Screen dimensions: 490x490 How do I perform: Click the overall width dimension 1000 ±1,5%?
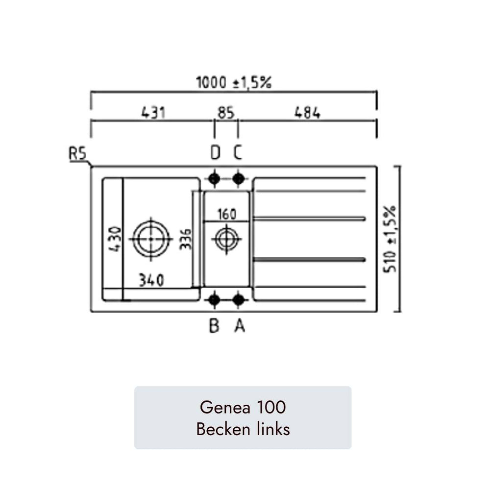(x=234, y=82)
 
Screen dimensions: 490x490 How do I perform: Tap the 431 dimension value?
(x=153, y=113)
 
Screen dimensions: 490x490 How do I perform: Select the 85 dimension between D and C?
(x=226, y=113)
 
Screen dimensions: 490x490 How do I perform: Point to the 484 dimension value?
(x=308, y=113)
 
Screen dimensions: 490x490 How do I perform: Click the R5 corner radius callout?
(x=77, y=154)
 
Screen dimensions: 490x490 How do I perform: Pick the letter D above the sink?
(x=215, y=152)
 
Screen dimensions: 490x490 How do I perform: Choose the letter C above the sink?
(x=238, y=152)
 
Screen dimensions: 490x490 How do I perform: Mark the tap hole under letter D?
(x=215, y=179)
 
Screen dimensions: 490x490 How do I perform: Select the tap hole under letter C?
(x=239, y=179)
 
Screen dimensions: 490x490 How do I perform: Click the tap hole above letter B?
(x=215, y=300)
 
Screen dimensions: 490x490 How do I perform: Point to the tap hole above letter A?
(x=239, y=300)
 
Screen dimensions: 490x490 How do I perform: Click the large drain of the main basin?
(x=151, y=239)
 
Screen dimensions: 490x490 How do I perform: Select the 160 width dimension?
(x=227, y=215)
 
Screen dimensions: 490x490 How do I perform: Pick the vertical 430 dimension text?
(x=115, y=239)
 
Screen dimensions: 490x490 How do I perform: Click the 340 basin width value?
(x=151, y=280)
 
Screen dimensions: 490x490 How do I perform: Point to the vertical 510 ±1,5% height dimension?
(x=390, y=239)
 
